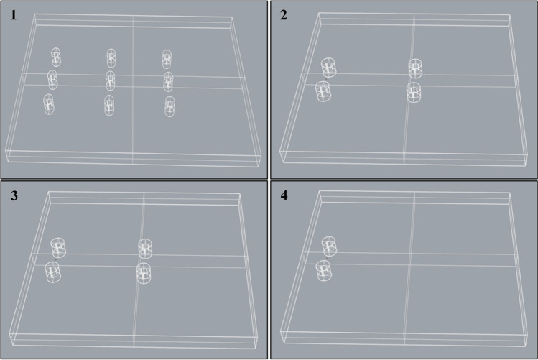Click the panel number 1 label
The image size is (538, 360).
(14, 15)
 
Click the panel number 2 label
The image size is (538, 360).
(284, 15)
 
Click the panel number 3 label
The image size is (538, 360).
(14, 195)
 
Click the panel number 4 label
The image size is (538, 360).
(284, 195)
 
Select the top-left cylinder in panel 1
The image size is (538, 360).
(56, 57)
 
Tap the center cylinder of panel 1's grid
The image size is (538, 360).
(110, 81)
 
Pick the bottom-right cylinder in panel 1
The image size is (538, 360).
(170, 106)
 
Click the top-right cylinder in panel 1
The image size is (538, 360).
(167, 59)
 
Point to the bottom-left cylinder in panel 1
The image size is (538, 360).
(49, 104)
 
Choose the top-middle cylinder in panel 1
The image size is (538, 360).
(111, 58)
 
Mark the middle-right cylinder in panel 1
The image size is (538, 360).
(168, 82)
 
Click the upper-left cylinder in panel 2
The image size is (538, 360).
(329, 68)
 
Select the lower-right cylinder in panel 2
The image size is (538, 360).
(414, 92)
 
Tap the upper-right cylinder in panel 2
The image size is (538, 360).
(415, 69)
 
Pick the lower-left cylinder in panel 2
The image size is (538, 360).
(323, 92)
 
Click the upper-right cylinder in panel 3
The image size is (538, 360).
(145, 249)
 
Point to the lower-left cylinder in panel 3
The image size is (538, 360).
(53, 272)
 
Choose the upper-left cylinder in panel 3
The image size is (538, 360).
(58, 248)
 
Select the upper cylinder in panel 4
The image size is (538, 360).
(329, 246)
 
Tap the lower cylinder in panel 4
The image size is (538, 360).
(323, 270)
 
